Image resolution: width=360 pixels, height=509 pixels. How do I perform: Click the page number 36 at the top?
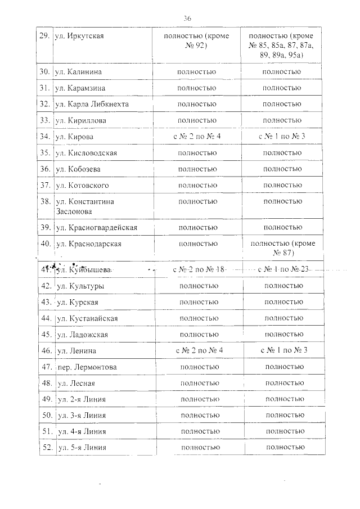[187, 19]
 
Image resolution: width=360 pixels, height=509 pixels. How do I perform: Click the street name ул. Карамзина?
[81, 88]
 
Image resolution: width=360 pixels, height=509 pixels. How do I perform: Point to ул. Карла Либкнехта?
[92, 104]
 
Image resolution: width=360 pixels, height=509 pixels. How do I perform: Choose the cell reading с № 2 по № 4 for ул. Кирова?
[196, 137]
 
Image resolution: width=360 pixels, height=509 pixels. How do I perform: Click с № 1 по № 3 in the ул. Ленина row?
[284, 350]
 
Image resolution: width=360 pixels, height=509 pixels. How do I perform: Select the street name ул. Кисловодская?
[88, 152]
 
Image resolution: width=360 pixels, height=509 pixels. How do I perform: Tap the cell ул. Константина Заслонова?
[82, 206]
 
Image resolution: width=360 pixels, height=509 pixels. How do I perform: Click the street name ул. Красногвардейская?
[96, 227]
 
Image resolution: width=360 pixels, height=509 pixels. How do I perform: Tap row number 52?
[47, 448]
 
